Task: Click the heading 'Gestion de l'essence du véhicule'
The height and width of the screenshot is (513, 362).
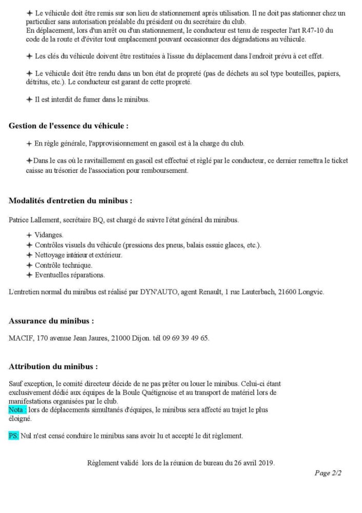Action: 68,126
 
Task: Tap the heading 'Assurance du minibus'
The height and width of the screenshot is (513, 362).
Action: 51,321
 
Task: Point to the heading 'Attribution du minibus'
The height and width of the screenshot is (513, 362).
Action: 53,367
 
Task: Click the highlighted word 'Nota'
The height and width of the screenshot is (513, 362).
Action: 17,410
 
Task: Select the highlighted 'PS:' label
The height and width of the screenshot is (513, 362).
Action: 14,436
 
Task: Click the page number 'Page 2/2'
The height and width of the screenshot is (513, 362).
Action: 328,473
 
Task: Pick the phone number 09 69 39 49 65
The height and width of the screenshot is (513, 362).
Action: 186,339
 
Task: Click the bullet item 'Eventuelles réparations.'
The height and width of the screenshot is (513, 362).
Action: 70,275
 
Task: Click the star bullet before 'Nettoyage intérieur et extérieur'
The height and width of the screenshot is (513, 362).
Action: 29,255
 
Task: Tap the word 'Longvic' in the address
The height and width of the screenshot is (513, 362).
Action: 312,292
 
